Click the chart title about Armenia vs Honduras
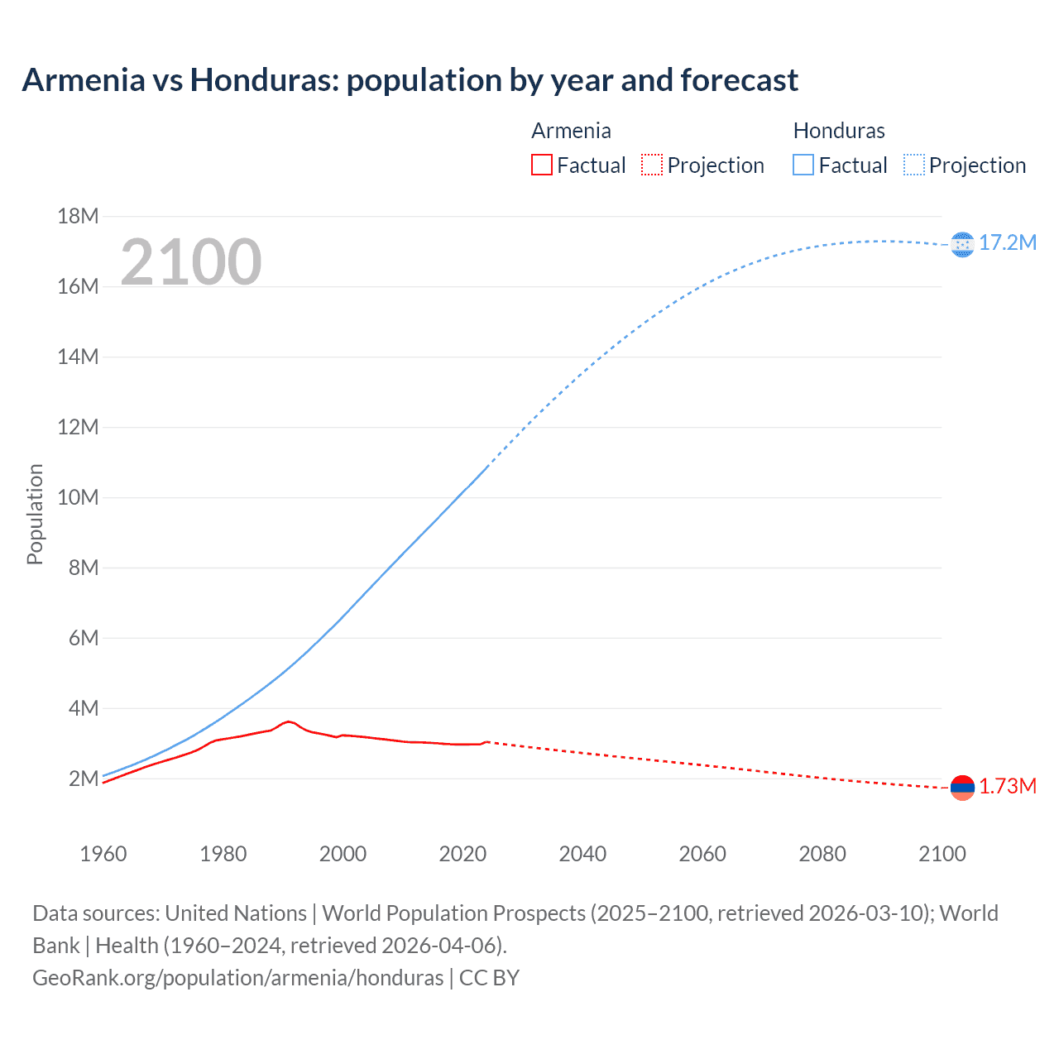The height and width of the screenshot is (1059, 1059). click(410, 80)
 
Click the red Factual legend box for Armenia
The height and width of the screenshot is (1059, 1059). click(541, 165)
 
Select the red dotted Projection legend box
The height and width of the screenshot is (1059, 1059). click(652, 165)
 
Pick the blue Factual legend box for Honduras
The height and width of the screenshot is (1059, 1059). click(803, 165)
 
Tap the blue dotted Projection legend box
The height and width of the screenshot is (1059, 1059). click(913, 165)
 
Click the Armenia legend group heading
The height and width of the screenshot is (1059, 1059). click(571, 131)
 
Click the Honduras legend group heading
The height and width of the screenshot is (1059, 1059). click(838, 131)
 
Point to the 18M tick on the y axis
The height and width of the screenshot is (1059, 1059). click(78, 217)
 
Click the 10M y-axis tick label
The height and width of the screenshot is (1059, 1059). click(78, 497)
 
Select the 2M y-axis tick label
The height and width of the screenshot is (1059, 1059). click(83, 779)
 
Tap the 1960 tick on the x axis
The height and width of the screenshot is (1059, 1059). click(103, 854)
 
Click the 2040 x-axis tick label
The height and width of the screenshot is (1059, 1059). click(582, 854)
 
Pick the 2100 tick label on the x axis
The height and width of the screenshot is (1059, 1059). click(942, 854)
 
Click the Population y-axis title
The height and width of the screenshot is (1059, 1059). click(35, 514)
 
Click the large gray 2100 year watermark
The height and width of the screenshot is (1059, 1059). click(191, 262)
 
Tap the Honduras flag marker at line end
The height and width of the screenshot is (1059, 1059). click(962, 244)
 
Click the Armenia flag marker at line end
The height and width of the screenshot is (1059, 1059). click(962, 788)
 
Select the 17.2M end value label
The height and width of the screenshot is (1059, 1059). click(1007, 242)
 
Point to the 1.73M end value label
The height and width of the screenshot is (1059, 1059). click(1007, 786)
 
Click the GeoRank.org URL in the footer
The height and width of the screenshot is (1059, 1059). click(237, 977)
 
